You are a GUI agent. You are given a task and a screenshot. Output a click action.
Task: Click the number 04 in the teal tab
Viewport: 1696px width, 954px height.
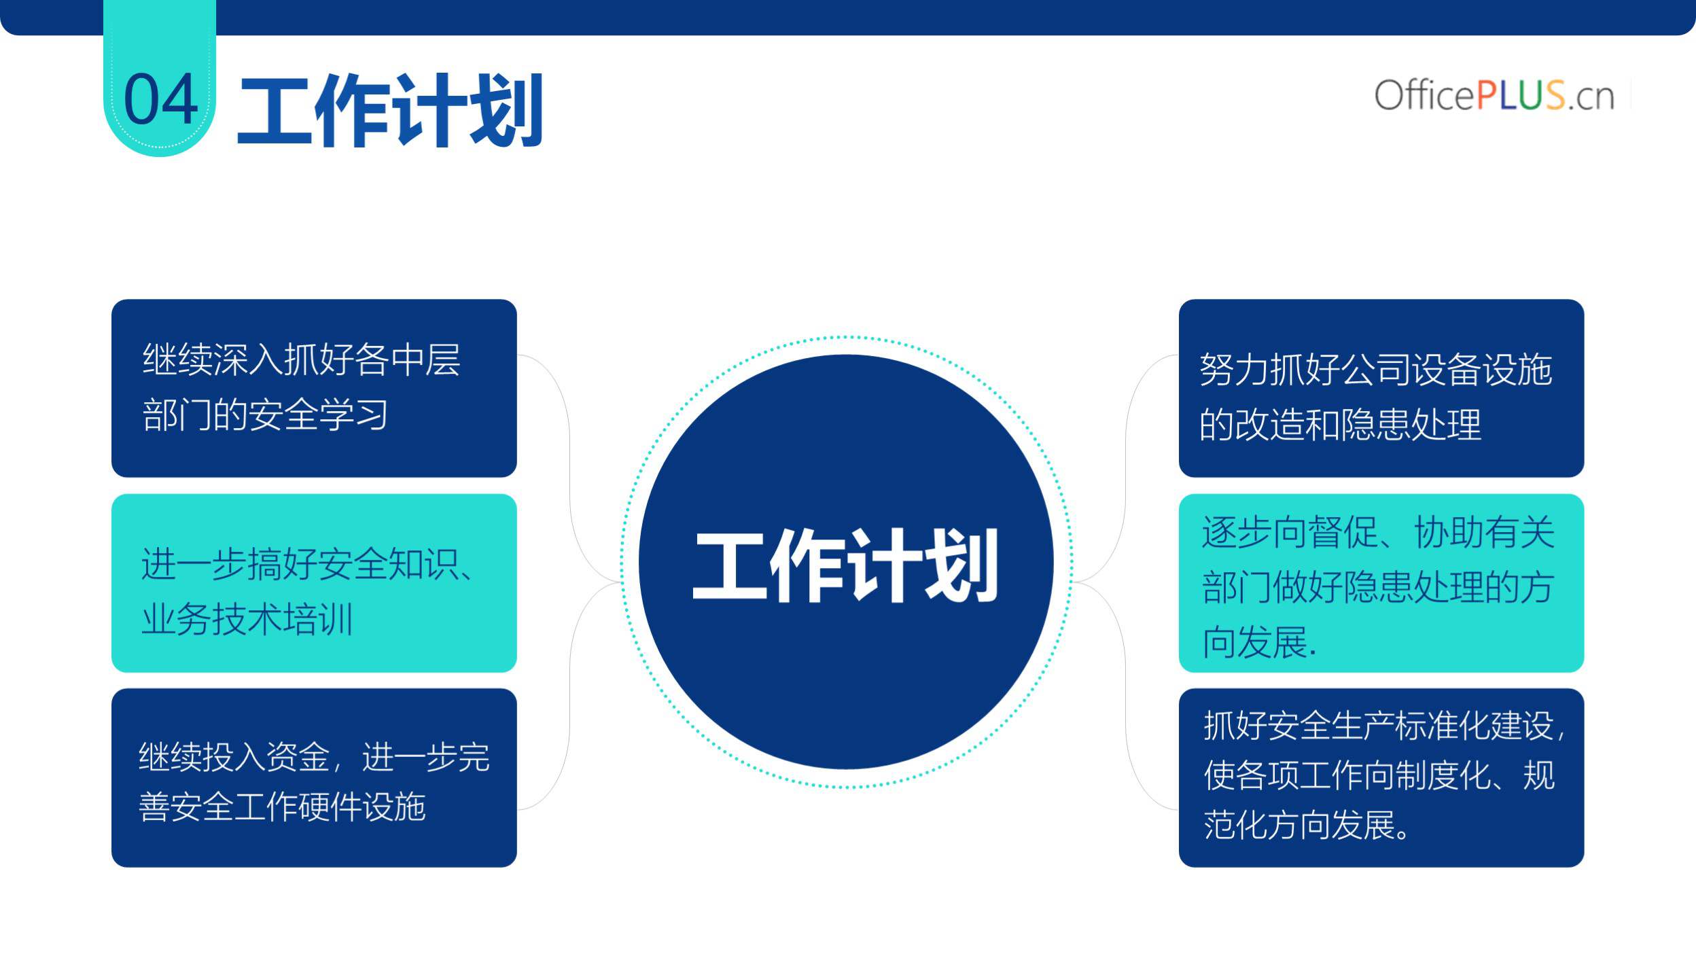coord(161,99)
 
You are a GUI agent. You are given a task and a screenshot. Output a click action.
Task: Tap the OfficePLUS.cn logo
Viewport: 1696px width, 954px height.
coord(1494,95)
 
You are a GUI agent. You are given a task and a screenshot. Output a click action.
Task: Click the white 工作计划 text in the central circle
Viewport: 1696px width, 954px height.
coord(846,565)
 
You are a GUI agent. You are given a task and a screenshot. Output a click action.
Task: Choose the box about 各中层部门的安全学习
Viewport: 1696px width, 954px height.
coord(314,388)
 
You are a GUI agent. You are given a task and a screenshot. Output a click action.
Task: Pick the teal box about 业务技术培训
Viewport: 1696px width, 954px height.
coord(314,583)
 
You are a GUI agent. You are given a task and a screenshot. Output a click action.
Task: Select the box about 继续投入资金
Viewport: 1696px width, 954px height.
coord(314,778)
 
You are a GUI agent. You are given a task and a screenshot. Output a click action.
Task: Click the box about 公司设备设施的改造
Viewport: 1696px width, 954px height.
coord(1381,388)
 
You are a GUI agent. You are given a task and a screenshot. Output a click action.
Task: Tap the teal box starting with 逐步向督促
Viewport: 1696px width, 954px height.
coord(1381,583)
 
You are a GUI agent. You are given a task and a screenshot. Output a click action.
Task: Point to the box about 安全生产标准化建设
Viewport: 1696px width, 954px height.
coord(1381,778)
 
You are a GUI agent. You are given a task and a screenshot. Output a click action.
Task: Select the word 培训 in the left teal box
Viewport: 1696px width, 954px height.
coord(319,619)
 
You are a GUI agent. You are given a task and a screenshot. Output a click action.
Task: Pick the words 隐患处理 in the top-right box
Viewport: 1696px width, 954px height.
coord(1411,425)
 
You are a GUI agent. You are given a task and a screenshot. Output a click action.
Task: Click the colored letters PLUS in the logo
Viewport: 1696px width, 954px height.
coord(1521,95)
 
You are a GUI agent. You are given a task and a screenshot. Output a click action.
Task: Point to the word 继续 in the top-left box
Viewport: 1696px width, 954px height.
coord(177,359)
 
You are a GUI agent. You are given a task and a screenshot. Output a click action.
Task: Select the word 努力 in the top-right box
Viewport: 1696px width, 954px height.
coord(1235,370)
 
